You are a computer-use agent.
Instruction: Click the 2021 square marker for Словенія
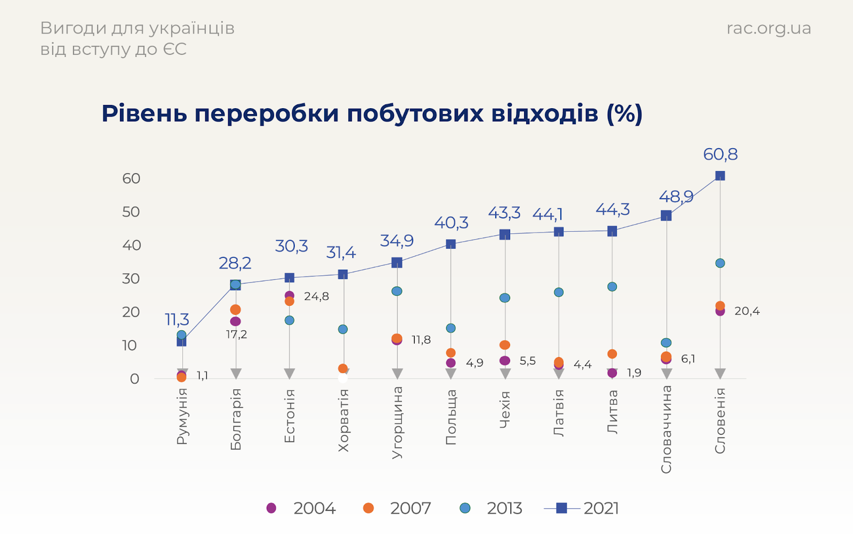pyautogui.click(x=720, y=176)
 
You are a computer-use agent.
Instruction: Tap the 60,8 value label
pyautogui.click(x=720, y=154)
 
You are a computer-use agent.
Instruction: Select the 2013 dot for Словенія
pyautogui.click(x=720, y=263)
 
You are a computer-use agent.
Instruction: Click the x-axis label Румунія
pyautogui.click(x=182, y=416)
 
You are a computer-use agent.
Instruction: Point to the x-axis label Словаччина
pyautogui.click(x=666, y=429)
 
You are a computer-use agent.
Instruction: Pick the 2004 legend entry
pyautogui.click(x=302, y=508)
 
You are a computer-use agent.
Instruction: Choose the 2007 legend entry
pyautogui.click(x=398, y=508)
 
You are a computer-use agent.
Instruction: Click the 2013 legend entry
pyautogui.click(x=492, y=508)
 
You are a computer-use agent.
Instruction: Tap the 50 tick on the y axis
pyautogui.click(x=131, y=212)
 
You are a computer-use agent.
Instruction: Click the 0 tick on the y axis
pyautogui.click(x=134, y=379)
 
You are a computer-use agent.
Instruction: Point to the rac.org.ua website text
pyautogui.click(x=768, y=28)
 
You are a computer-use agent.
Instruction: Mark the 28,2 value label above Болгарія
pyautogui.click(x=235, y=263)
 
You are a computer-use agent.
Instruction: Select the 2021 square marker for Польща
pyautogui.click(x=451, y=244)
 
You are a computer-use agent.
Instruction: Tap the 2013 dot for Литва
pyautogui.click(x=612, y=287)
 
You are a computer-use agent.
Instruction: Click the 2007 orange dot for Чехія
pyautogui.click(x=505, y=345)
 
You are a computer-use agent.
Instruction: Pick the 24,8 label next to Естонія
pyautogui.click(x=316, y=297)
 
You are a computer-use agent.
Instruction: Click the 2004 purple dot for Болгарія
pyautogui.click(x=236, y=321)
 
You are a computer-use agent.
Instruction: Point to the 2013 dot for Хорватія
pyautogui.click(x=343, y=329)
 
